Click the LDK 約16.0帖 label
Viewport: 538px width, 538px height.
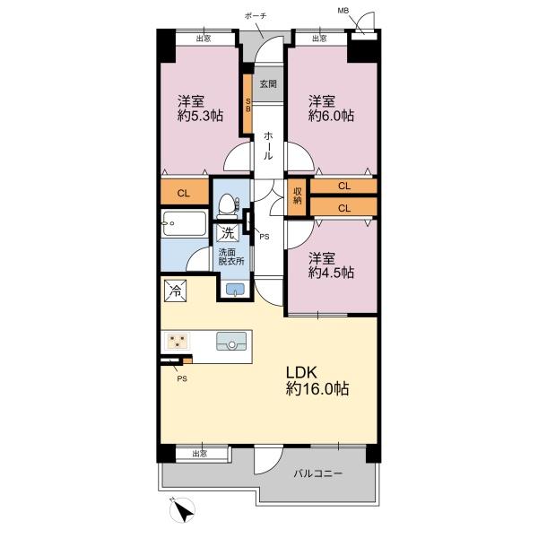click(317, 381)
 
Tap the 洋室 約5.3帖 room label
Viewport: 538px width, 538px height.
click(200, 108)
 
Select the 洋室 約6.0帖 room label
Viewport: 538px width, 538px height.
click(331, 108)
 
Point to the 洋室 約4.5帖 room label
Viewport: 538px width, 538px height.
click(331, 265)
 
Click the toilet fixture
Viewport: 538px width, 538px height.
click(227, 206)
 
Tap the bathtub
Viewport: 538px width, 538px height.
click(184, 223)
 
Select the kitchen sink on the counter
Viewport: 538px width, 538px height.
click(231, 341)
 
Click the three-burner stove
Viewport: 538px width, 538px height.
click(177, 341)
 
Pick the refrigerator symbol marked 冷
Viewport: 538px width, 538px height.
click(175, 291)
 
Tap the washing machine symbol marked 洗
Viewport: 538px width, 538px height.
click(227, 233)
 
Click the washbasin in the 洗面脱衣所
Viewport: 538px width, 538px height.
click(235, 289)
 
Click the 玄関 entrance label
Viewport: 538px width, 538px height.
click(268, 83)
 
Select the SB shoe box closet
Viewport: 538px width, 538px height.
click(248, 104)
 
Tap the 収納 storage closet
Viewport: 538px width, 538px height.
click(297, 197)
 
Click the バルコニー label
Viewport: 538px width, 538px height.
click(318, 473)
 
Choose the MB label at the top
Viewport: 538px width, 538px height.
click(343, 11)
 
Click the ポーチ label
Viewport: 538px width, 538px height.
click(256, 16)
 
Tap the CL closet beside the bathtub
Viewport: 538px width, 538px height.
click(184, 193)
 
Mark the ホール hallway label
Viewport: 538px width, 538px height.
click(268, 146)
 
